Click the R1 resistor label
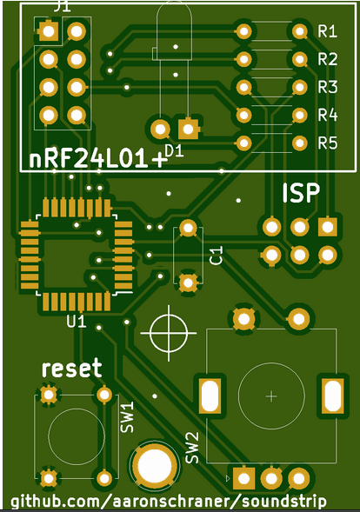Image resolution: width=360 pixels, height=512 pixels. (x=327, y=31)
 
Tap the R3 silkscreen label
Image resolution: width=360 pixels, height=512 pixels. (x=327, y=87)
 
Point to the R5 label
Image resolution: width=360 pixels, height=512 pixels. (x=327, y=143)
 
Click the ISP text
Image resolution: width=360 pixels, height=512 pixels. (x=301, y=193)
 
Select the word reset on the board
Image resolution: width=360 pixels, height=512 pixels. (x=72, y=368)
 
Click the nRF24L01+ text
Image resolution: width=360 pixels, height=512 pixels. (x=98, y=160)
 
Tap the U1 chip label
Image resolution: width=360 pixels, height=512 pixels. (x=77, y=322)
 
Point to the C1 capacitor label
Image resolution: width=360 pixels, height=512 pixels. (x=216, y=255)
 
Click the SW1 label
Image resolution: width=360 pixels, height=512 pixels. (x=127, y=417)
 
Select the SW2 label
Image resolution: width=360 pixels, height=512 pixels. (x=192, y=448)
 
